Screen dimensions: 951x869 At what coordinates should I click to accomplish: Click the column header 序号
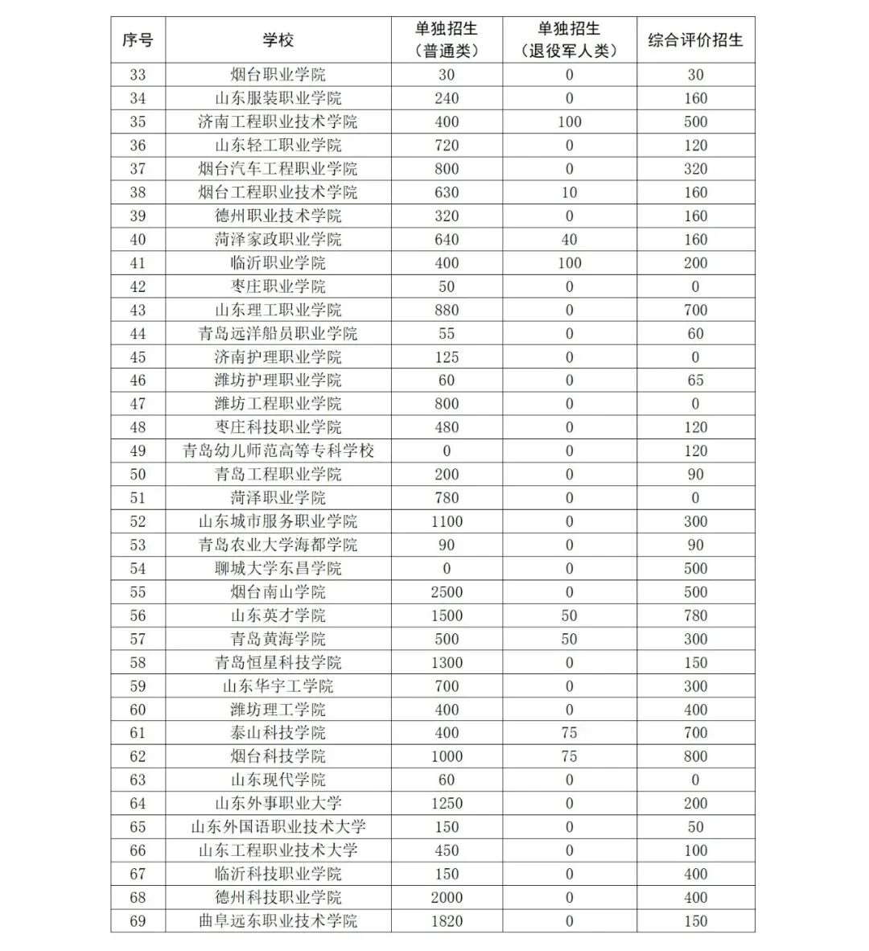click(x=138, y=39)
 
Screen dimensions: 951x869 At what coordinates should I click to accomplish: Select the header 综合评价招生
click(x=695, y=39)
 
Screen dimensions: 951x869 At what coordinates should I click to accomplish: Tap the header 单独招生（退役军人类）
click(x=569, y=39)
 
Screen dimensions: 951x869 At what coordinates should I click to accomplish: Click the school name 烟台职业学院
click(x=278, y=75)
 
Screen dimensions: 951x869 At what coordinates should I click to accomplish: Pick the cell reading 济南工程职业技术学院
click(x=278, y=121)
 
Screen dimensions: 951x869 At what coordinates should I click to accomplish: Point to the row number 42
click(x=138, y=286)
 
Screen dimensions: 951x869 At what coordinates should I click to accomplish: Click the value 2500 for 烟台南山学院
click(x=447, y=592)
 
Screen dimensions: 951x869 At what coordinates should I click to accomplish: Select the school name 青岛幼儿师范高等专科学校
click(x=278, y=451)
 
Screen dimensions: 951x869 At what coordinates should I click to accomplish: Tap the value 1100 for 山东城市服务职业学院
click(x=447, y=521)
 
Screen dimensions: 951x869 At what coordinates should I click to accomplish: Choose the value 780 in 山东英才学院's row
click(x=695, y=615)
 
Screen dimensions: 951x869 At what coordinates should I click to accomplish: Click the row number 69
click(x=138, y=921)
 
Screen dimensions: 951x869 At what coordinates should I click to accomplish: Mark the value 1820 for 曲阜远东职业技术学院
click(x=447, y=921)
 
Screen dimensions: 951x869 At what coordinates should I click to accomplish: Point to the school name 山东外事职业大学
click(x=278, y=803)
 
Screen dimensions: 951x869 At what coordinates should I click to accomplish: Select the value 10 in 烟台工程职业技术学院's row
click(x=569, y=192)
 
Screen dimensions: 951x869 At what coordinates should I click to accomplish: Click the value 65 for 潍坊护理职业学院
click(x=695, y=381)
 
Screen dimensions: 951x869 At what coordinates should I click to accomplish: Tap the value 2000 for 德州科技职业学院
click(x=447, y=897)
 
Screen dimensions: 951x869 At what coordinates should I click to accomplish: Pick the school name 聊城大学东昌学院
click(x=278, y=568)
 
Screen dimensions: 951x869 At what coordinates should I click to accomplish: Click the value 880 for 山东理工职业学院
click(x=447, y=310)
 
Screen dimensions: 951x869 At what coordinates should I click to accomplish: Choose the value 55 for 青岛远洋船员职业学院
click(x=447, y=333)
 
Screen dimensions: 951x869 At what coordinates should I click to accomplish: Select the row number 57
click(x=138, y=639)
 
